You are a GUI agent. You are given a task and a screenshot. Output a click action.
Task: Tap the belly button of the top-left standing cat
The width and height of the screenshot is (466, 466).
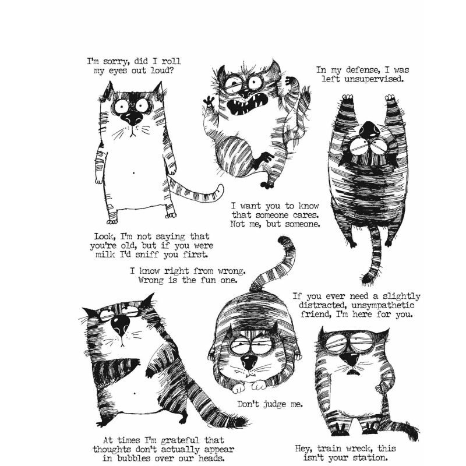(x=136, y=172)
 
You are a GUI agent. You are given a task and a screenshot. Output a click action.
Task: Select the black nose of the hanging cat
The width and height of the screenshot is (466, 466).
(x=371, y=128)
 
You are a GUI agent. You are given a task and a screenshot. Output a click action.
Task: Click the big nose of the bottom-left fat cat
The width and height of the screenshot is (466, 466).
(x=121, y=324)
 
